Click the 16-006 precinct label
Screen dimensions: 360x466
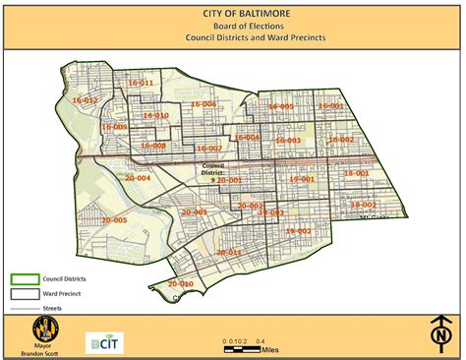[x=204, y=104]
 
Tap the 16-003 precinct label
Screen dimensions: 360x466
[x=288, y=141]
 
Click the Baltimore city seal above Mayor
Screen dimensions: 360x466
[x=43, y=328]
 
